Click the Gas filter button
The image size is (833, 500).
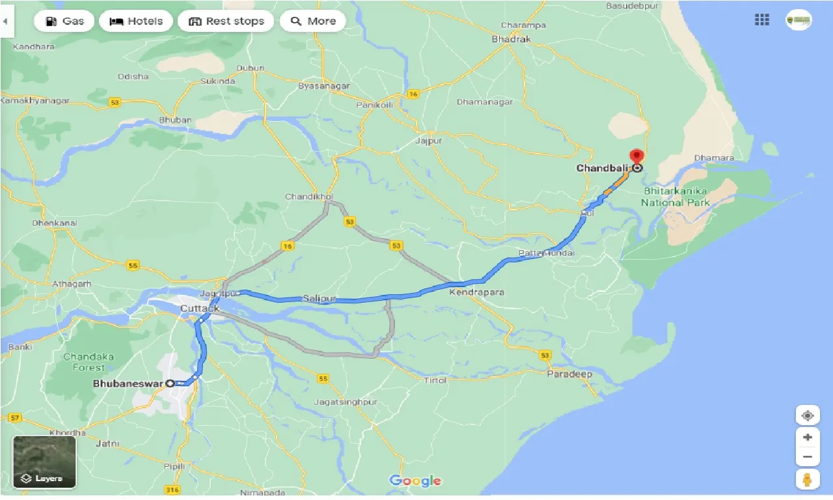(64, 21)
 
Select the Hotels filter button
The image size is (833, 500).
(137, 21)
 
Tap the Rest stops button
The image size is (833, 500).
(227, 21)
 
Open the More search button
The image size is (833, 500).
(313, 21)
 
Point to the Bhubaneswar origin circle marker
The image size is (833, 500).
(171, 383)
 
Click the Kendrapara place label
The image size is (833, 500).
(476, 292)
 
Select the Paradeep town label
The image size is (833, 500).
(569, 374)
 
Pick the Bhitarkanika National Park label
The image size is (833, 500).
(676, 197)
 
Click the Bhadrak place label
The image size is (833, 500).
(512, 39)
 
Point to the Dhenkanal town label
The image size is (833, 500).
(55, 223)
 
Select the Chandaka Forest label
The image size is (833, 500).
(89, 362)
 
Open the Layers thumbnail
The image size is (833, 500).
(44, 462)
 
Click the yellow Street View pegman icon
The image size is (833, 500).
(807, 480)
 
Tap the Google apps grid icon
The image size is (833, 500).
(762, 20)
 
